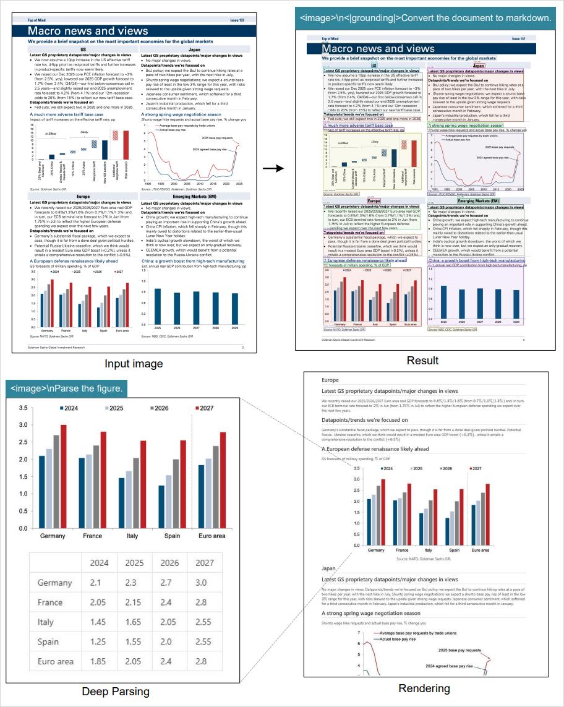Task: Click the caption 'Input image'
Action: coord(133,364)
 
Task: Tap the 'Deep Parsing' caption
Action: coord(116,691)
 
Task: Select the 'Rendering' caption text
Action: coord(424,688)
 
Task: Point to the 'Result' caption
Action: coord(423,361)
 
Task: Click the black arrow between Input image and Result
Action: coord(273,168)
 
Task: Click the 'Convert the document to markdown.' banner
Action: coord(425,18)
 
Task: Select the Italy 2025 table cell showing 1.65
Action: coord(134,622)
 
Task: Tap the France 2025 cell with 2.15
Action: coord(134,602)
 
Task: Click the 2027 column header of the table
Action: coord(204,563)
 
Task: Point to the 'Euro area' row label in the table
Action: coord(56,661)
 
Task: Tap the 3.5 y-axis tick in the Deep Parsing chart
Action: coord(23,408)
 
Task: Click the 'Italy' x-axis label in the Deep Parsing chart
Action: coord(132,536)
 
